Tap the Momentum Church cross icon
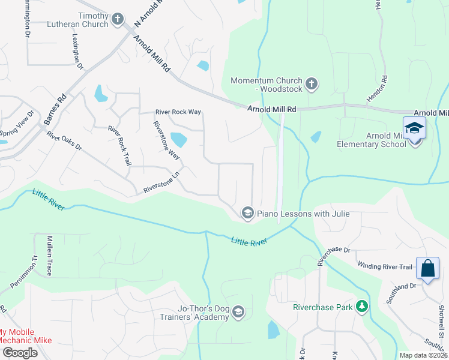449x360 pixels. (x=311, y=85)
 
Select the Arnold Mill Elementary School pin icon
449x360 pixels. (x=414, y=129)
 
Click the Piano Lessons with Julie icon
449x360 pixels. (x=247, y=213)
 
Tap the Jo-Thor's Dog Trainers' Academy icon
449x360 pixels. (x=238, y=312)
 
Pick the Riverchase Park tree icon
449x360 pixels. (x=361, y=307)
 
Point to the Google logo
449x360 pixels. (x=20, y=352)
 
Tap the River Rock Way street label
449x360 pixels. (x=178, y=112)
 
